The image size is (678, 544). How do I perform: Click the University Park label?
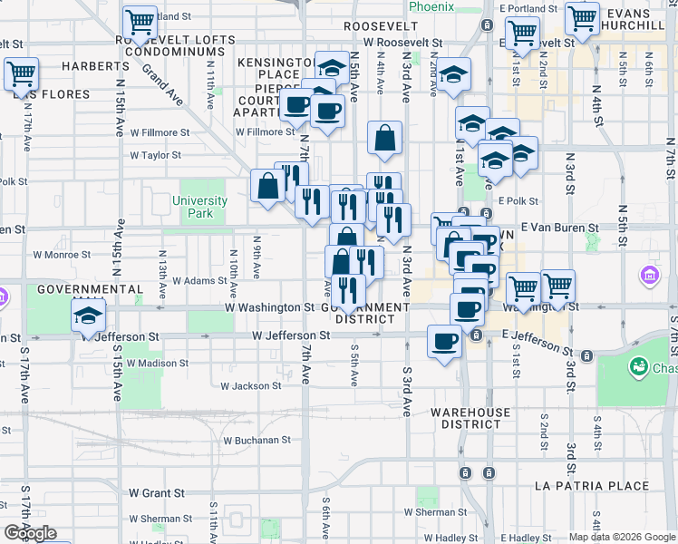click(x=199, y=207)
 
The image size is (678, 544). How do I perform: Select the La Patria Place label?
click(x=592, y=486)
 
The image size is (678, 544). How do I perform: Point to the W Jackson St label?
click(x=251, y=386)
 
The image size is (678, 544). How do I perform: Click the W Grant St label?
click(x=156, y=493)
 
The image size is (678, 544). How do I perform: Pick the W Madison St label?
click(x=159, y=363)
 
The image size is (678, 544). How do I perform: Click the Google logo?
click(x=30, y=533)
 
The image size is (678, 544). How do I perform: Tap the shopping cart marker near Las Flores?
click(x=21, y=74)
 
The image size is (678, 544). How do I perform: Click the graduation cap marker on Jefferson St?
click(x=88, y=316)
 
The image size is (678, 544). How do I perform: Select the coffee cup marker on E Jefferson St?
click(x=443, y=342)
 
